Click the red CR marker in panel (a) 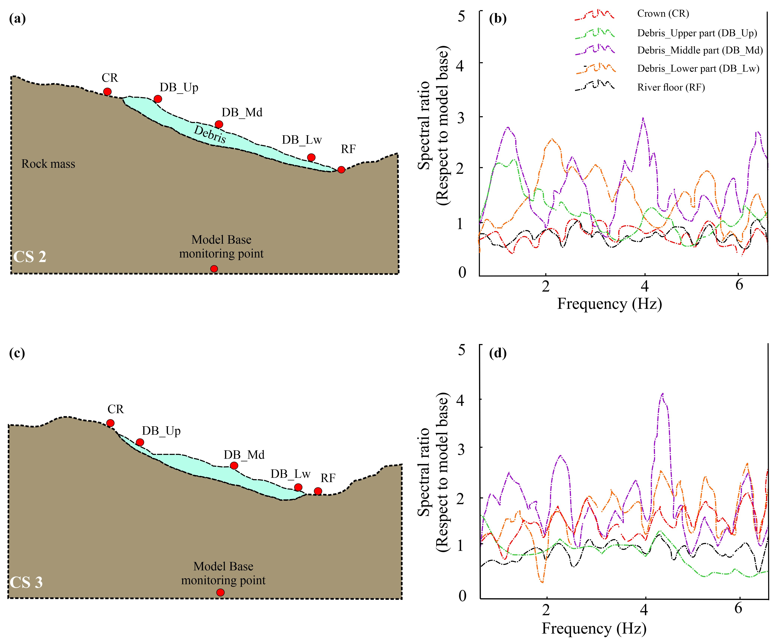107,91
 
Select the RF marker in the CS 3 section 318,491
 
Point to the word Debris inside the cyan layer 210,134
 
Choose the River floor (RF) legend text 671,87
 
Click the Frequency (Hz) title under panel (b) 609,304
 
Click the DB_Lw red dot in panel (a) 311,157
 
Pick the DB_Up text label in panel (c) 161,431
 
